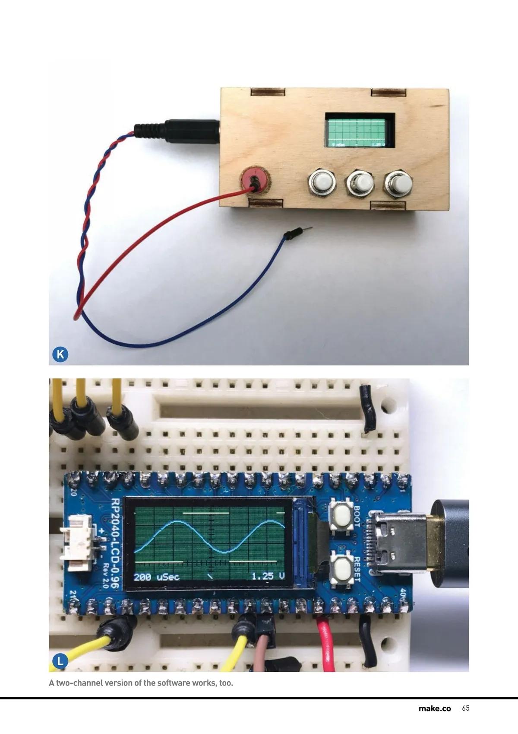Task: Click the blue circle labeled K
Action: (60, 354)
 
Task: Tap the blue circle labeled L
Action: (60, 661)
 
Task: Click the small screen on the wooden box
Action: (360, 130)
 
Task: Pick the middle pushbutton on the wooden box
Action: (359, 182)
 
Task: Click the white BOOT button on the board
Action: (341, 515)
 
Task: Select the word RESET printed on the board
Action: (357, 569)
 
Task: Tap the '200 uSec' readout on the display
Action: (156, 577)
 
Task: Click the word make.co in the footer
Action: (434, 708)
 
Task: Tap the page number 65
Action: (465, 708)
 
